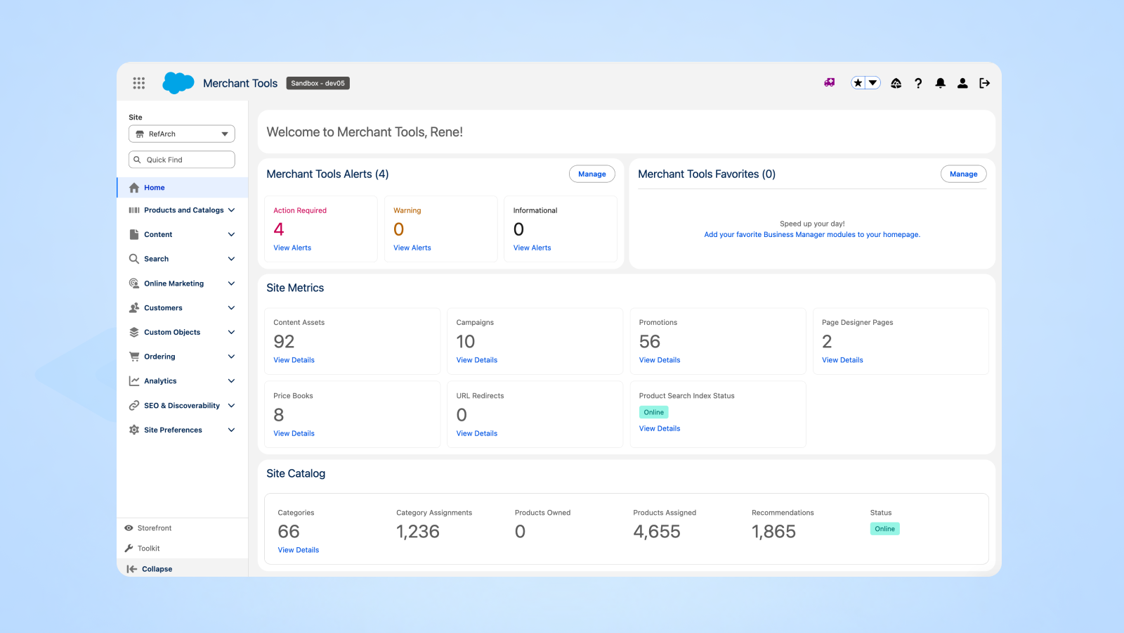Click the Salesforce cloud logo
178,83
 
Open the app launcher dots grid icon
139,83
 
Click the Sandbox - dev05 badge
318,83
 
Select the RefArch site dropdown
182,134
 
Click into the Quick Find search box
182,160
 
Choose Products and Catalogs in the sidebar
183,210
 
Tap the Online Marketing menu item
174,283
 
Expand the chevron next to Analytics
231,381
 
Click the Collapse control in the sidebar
156,569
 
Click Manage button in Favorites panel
963,174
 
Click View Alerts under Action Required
292,248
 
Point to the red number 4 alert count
279,229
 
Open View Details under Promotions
660,360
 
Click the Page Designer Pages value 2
827,342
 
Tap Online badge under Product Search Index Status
653,412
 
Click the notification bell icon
940,83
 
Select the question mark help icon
918,83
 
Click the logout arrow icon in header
984,83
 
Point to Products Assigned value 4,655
657,532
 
